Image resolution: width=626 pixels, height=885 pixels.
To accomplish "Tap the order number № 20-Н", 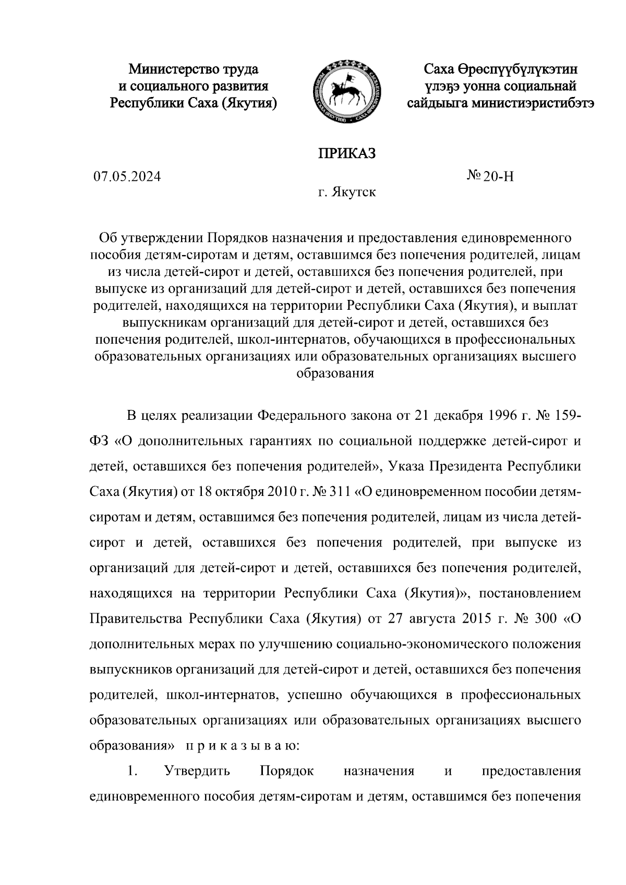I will pos(490,177).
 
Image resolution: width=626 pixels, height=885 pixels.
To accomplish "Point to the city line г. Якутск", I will pos(347,193).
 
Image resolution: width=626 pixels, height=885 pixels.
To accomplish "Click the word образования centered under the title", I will pos(335,373).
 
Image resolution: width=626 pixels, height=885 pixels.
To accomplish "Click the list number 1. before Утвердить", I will pos(132,771).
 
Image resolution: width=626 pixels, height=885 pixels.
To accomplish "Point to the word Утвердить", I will pos(197,771).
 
